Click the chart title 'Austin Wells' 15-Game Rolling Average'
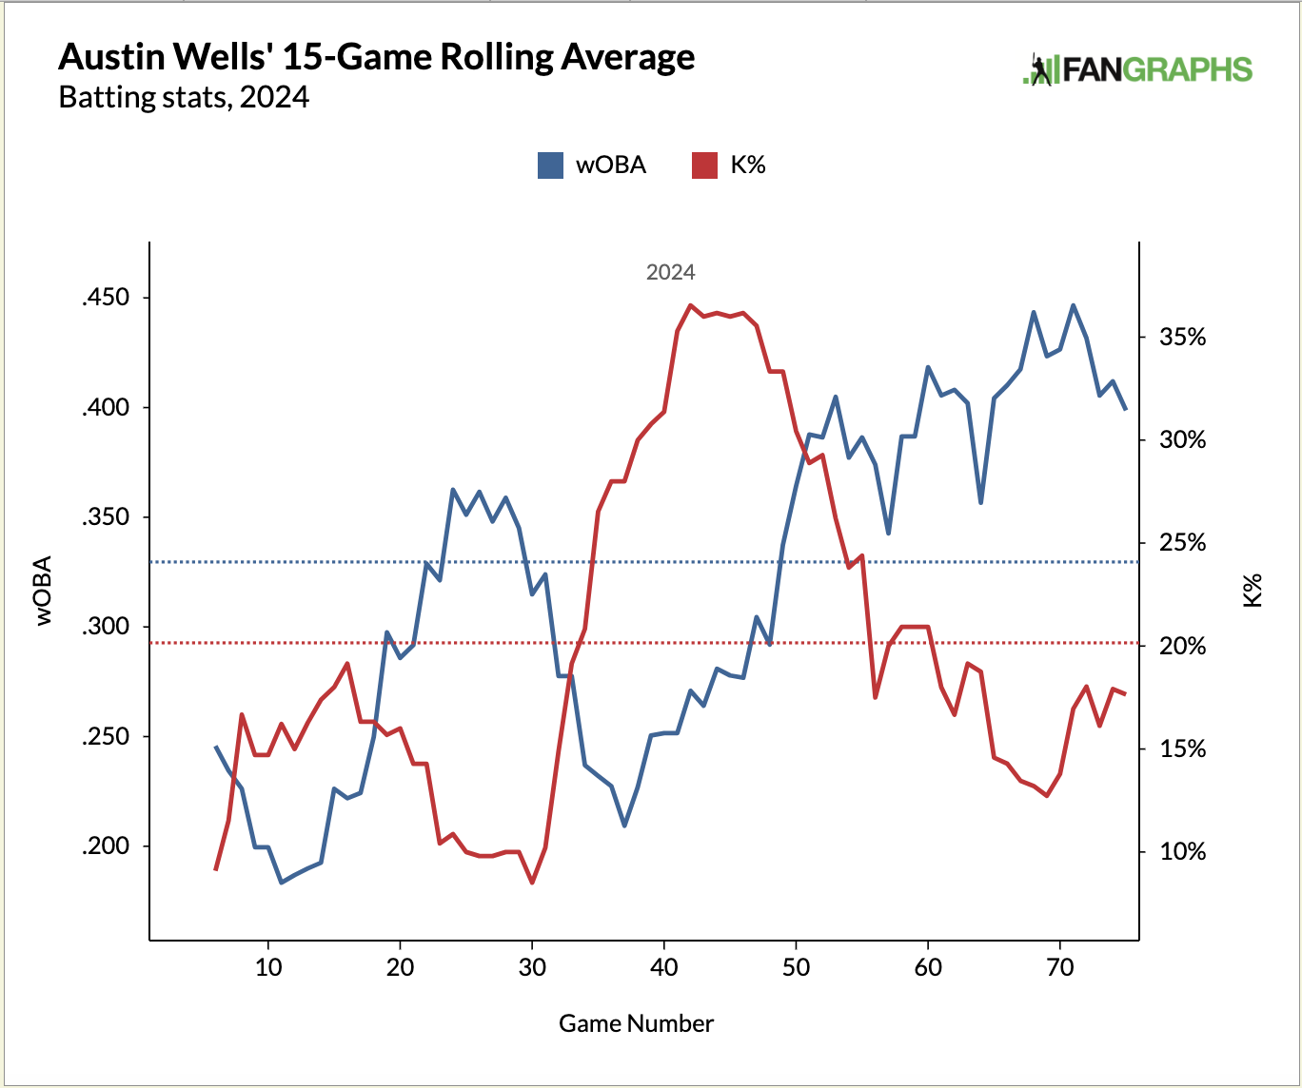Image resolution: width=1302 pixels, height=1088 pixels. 376,58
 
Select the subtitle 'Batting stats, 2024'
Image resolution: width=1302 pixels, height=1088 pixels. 184,98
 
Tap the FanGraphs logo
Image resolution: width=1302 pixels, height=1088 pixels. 1137,69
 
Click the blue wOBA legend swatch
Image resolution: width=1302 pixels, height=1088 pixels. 550,165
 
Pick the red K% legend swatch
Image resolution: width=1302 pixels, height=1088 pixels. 703,165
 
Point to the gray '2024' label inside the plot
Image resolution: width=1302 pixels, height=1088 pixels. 670,273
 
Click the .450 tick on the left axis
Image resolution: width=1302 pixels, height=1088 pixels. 105,298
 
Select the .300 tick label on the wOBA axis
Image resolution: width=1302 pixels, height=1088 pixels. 105,627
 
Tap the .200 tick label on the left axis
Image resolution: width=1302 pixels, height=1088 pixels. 105,846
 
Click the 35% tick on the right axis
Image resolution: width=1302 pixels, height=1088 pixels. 1182,338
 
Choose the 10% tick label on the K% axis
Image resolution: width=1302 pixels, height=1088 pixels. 1182,851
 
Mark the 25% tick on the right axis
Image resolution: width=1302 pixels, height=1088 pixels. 1182,543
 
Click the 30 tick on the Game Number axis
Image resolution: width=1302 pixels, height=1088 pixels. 532,968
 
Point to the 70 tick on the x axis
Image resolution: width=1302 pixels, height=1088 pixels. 1059,968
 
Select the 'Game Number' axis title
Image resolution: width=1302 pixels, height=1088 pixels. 636,1023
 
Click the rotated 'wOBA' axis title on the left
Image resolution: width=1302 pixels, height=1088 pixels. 44,591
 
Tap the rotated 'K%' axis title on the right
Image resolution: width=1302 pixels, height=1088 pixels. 1253,591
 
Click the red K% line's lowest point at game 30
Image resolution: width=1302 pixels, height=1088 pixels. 532,883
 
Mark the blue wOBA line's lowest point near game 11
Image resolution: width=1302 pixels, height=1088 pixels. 282,883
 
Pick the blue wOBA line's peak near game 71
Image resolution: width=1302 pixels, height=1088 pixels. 1073,305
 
